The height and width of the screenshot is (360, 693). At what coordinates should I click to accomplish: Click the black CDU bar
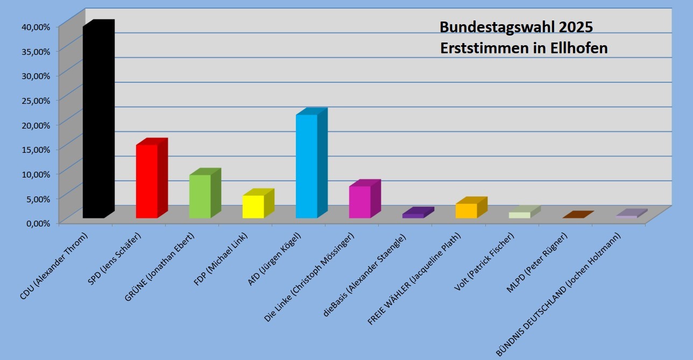click(x=93, y=121)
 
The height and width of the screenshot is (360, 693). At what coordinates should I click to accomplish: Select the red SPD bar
click(x=146, y=181)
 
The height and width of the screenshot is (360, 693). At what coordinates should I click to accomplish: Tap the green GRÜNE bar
click(x=200, y=196)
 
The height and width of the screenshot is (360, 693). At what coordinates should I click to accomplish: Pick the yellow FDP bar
click(x=253, y=206)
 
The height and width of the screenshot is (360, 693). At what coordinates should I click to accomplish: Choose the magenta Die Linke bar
click(x=359, y=202)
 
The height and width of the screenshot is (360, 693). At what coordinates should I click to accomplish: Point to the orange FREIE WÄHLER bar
click(x=466, y=210)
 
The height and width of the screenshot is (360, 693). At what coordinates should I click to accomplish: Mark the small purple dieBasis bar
click(x=413, y=215)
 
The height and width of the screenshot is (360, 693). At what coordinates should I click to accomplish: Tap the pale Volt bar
click(x=519, y=215)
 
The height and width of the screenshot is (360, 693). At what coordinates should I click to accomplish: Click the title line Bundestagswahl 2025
click(x=516, y=27)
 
